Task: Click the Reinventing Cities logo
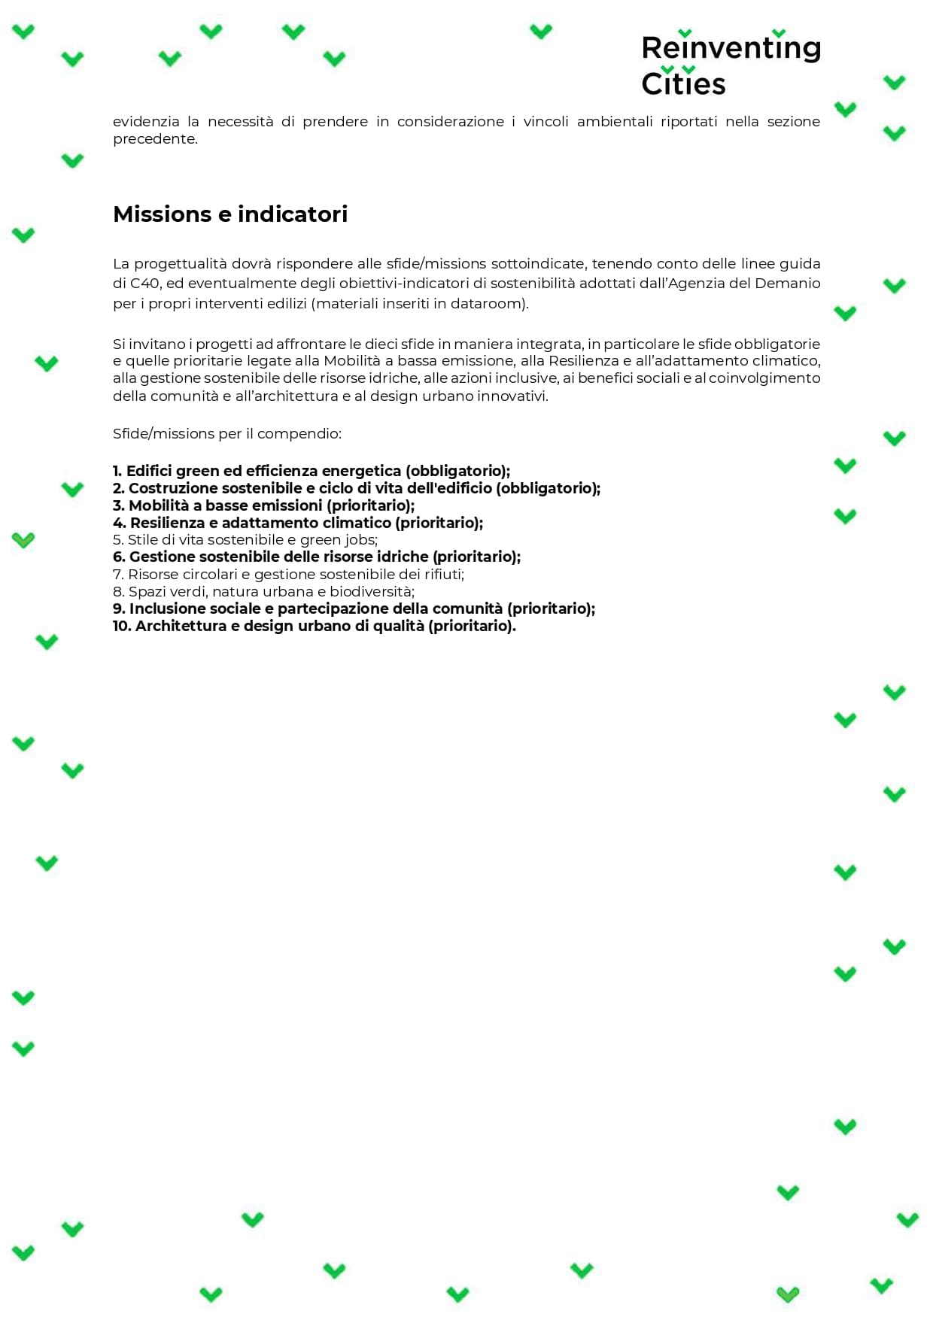coord(730,65)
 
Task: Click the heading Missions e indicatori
coord(230,214)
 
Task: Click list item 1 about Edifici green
coord(312,472)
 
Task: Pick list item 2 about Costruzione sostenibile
coord(357,489)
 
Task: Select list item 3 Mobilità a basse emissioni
coord(263,506)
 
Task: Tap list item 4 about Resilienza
coord(298,523)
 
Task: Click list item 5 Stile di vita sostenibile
coord(245,540)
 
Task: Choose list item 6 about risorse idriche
coord(317,557)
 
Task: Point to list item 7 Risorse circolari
coord(288,575)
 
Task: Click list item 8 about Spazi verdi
coord(263,592)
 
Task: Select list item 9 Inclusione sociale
coord(354,609)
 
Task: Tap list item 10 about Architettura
coord(315,627)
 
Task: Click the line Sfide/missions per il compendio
coord(227,434)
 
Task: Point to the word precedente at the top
coord(154,139)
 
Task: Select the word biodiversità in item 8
coord(372,592)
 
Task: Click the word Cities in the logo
coord(683,83)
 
